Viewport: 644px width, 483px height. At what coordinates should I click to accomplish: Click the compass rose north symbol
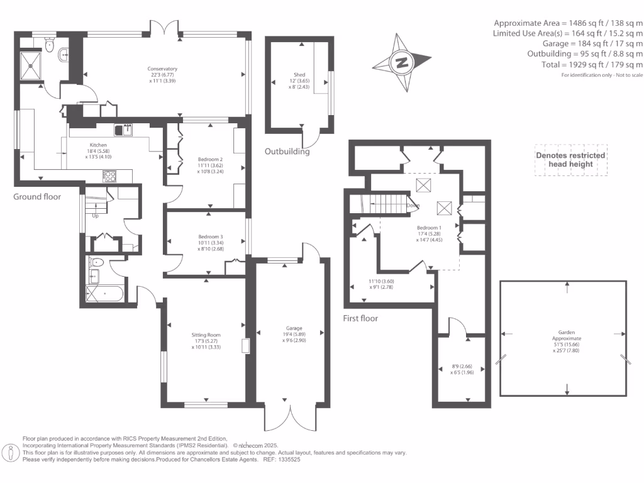pos(401,62)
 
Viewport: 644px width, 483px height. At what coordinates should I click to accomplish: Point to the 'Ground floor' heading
pos(37,197)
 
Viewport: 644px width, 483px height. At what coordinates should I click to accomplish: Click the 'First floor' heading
pos(360,318)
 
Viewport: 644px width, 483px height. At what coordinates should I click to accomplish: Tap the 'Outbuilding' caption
pos(287,152)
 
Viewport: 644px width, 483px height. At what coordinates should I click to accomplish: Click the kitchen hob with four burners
pos(109,176)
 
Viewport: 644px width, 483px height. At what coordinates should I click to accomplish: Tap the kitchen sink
pos(123,130)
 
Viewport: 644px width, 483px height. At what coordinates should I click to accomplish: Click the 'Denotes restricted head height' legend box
pos(570,160)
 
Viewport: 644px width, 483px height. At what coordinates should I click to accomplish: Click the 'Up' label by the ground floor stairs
pos(96,216)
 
